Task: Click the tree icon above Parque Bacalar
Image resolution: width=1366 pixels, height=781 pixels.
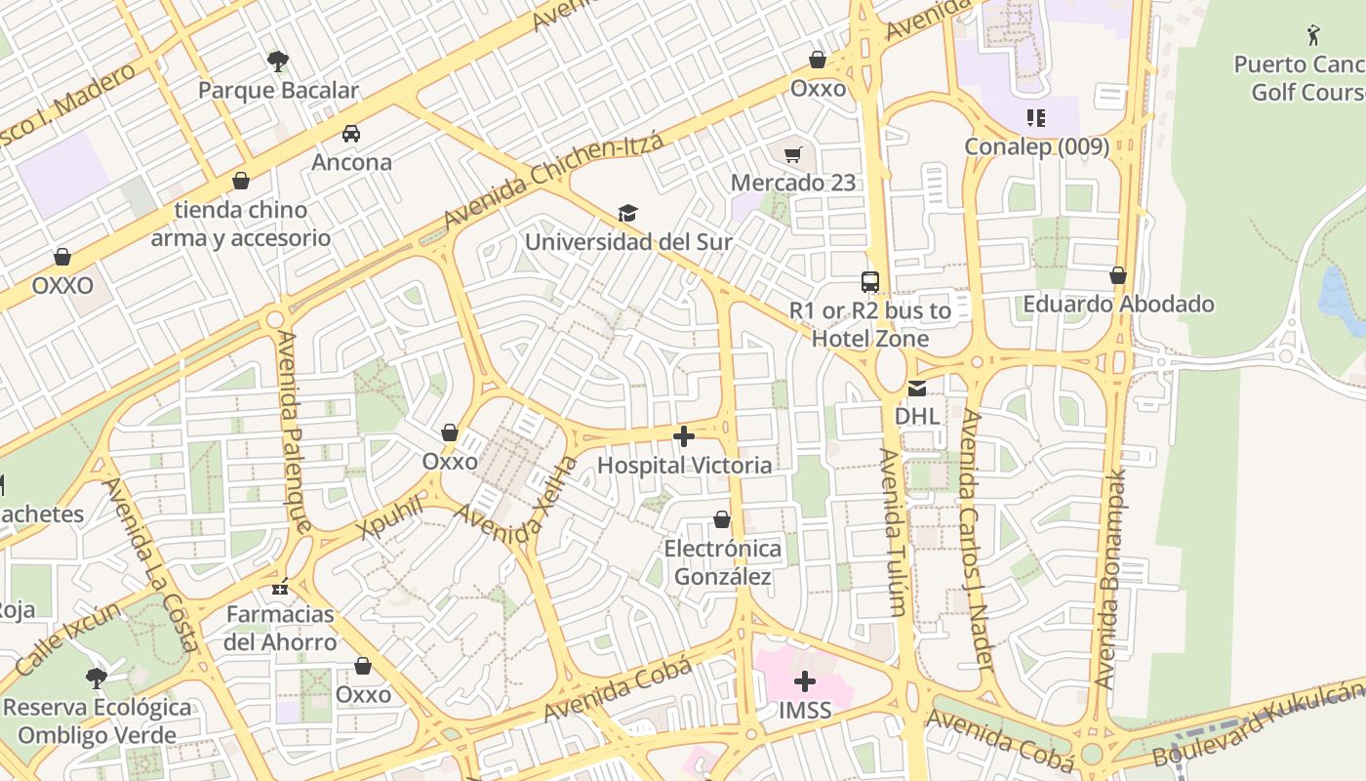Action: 278,62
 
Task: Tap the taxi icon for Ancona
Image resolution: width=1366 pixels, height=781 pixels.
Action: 351,134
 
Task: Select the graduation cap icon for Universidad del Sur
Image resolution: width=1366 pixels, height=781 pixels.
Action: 627,213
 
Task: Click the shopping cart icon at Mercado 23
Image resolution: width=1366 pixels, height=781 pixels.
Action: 793,154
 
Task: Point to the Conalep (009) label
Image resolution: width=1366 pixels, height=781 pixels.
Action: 1036,146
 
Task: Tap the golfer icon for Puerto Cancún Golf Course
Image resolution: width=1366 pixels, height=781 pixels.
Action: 1313,36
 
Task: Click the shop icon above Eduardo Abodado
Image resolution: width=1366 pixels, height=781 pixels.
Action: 1118,276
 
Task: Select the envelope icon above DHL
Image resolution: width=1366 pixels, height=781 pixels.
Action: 917,389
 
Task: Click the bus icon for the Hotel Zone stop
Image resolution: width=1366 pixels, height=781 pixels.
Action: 869,282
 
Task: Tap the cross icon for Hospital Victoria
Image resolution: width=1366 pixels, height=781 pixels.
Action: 684,436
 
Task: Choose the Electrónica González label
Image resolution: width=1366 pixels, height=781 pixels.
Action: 723,562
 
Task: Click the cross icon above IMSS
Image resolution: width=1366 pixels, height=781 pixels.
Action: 805,681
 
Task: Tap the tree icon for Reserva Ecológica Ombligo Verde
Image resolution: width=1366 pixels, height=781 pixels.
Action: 96,678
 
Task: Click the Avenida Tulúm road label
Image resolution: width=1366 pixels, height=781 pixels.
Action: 894,532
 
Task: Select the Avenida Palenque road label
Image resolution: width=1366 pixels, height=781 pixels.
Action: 294,431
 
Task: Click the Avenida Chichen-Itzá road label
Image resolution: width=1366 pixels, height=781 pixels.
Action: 553,182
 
